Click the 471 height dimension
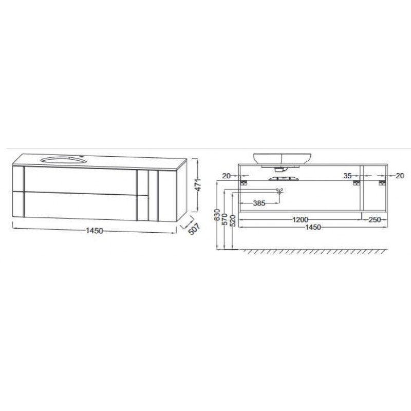(x=198, y=184)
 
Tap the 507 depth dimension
(x=194, y=229)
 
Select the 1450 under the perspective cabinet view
(x=95, y=231)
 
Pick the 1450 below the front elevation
(x=313, y=227)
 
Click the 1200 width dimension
(x=301, y=219)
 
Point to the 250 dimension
(x=375, y=219)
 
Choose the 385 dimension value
(x=259, y=203)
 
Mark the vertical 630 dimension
(x=217, y=215)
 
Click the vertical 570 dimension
(x=225, y=219)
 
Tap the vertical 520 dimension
(x=233, y=220)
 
